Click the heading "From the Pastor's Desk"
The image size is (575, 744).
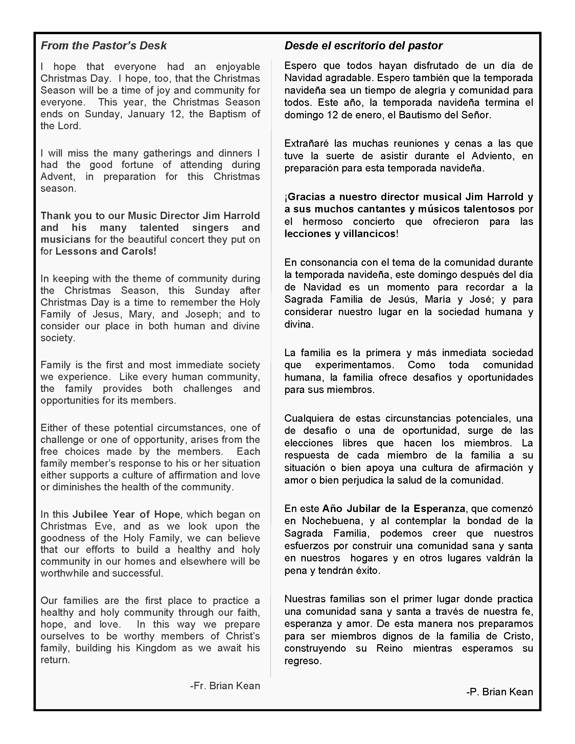click(x=103, y=46)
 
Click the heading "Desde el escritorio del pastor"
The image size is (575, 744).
click(x=364, y=46)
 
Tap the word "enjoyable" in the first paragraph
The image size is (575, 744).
click(x=238, y=67)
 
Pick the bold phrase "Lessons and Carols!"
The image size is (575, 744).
click(x=106, y=251)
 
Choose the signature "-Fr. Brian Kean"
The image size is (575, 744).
click(x=225, y=686)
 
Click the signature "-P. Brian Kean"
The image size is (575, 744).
click(x=499, y=692)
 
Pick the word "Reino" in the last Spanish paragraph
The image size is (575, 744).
click(x=389, y=649)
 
